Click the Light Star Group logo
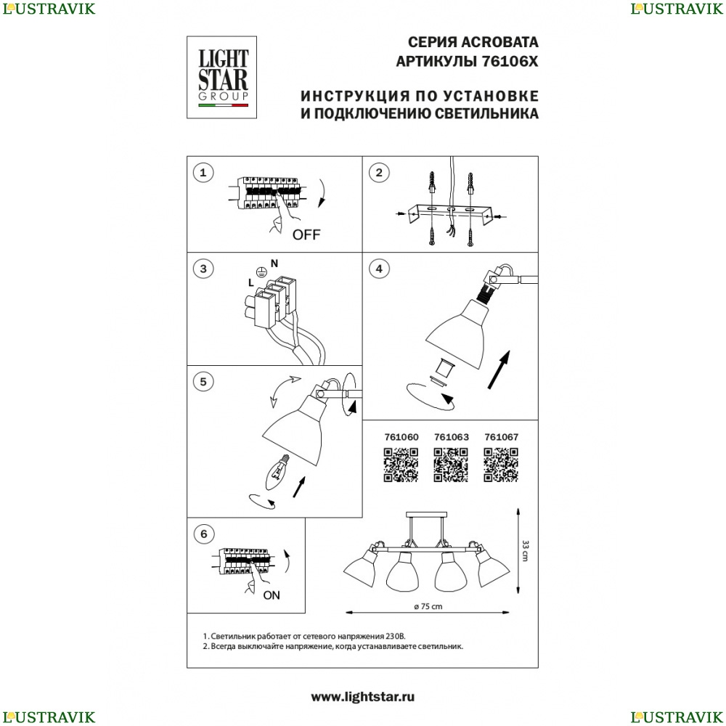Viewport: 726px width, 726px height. (x=221, y=78)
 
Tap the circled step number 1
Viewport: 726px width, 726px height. (x=203, y=174)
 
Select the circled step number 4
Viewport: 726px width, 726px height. (x=379, y=269)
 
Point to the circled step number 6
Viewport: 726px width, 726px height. (x=204, y=534)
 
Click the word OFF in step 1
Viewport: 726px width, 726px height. (x=306, y=234)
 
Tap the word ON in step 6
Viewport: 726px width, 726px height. (x=272, y=595)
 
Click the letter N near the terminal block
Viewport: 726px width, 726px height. (x=274, y=264)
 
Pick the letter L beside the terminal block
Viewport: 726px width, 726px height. (x=251, y=282)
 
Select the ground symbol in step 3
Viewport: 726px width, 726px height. (x=261, y=273)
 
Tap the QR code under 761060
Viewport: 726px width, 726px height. (x=401, y=465)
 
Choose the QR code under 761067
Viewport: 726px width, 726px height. (x=501, y=465)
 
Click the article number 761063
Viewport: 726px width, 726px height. (x=452, y=437)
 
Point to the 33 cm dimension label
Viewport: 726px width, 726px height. (x=525, y=550)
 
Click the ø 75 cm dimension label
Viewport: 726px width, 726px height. (x=428, y=606)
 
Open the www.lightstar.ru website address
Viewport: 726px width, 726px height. (x=362, y=697)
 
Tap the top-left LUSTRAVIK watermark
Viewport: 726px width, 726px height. (x=49, y=9)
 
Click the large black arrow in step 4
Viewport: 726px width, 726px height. (x=499, y=370)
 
